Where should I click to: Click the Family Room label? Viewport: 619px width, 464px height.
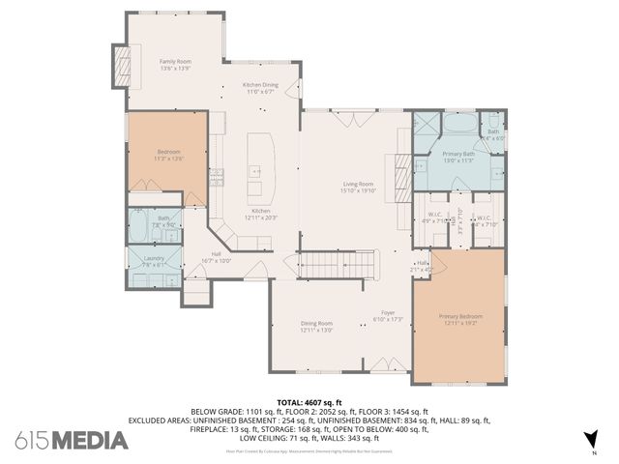pyautogui.click(x=175, y=64)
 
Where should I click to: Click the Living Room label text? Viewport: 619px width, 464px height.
pyautogui.click(x=357, y=187)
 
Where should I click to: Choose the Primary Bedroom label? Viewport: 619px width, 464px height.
pyautogui.click(x=460, y=320)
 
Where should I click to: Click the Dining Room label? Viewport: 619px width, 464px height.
pyautogui.click(x=316, y=328)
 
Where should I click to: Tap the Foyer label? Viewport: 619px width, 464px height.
pyautogui.click(x=388, y=314)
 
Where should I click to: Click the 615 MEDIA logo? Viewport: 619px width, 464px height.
pyautogui.click(x=72, y=440)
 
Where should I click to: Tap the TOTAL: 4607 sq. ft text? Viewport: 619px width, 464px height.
pyautogui.click(x=309, y=402)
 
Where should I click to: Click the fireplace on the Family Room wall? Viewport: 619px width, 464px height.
pyautogui.click(x=122, y=65)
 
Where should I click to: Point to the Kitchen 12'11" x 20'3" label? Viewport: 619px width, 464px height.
pyautogui.click(x=260, y=214)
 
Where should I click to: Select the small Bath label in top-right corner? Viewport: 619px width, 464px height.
pyautogui.click(x=493, y=134)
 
